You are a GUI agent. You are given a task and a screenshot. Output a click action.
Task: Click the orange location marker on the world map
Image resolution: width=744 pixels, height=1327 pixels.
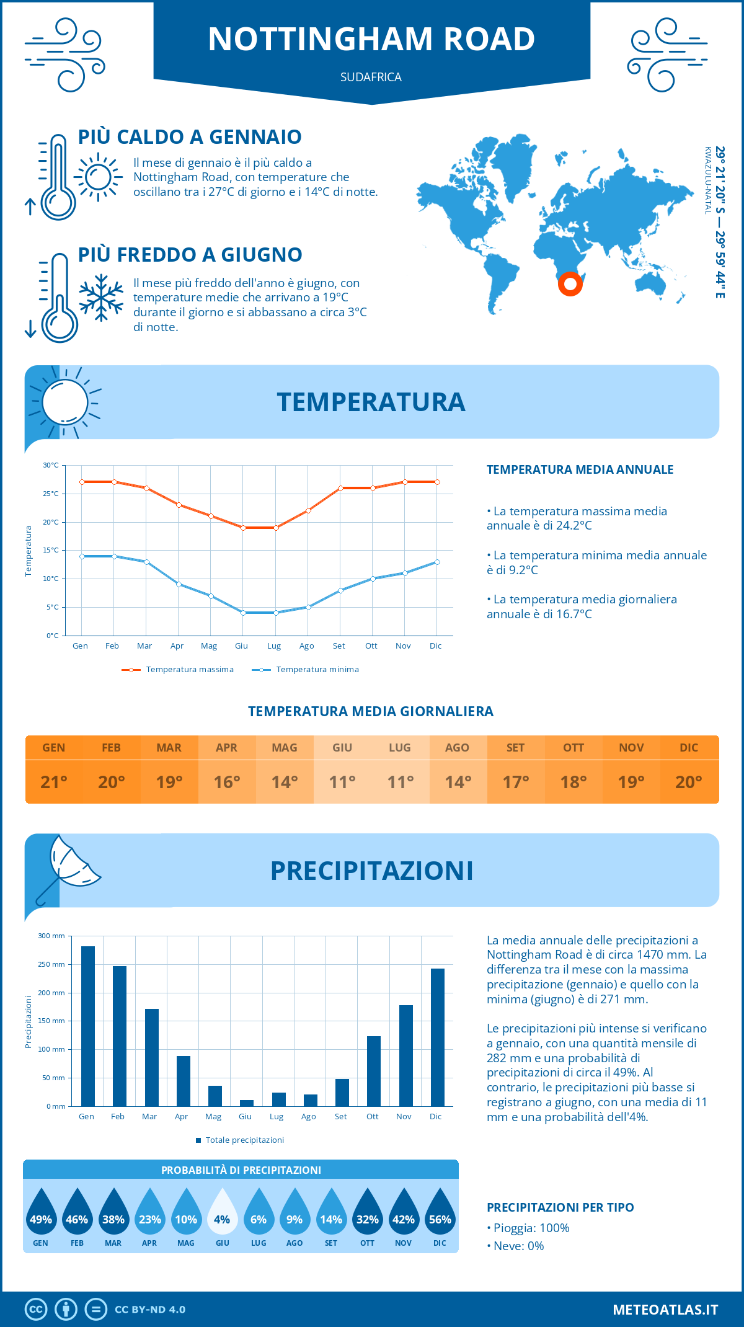570,284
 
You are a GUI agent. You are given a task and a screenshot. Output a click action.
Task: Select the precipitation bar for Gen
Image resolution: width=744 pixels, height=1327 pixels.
88,1026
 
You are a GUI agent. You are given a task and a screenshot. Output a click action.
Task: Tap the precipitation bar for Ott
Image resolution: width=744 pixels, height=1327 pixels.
373,1071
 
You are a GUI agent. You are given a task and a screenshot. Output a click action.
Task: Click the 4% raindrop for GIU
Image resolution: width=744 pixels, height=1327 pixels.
222,1213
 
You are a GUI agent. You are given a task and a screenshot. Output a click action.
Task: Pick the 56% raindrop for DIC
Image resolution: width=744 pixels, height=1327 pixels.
440,1213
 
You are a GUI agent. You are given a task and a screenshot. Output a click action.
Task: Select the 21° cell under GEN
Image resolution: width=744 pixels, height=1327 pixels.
54,782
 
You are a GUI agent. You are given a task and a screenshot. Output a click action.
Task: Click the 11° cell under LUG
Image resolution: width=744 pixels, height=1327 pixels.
400,782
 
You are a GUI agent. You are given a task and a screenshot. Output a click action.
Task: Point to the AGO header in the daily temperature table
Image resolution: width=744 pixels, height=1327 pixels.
457,748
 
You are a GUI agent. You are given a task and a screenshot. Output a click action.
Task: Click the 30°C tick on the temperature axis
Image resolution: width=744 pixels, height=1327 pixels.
51,465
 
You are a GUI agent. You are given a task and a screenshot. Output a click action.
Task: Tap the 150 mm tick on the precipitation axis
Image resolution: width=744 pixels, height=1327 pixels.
51,1021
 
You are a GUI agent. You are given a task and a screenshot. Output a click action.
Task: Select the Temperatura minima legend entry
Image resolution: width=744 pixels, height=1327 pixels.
306,670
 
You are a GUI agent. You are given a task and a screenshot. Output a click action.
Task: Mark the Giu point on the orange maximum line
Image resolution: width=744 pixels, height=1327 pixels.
244,528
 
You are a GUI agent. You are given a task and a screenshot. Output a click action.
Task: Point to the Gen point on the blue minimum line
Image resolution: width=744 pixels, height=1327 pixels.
82,556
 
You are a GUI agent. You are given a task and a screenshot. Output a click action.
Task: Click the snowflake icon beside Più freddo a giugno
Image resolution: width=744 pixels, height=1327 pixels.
101,298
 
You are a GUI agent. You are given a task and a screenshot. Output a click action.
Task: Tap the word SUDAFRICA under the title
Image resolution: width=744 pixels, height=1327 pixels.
371,77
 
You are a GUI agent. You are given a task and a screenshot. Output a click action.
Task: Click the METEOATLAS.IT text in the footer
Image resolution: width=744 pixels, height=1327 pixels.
665,1310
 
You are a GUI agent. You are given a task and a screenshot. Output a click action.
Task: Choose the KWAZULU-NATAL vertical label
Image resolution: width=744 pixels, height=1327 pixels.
707,180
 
